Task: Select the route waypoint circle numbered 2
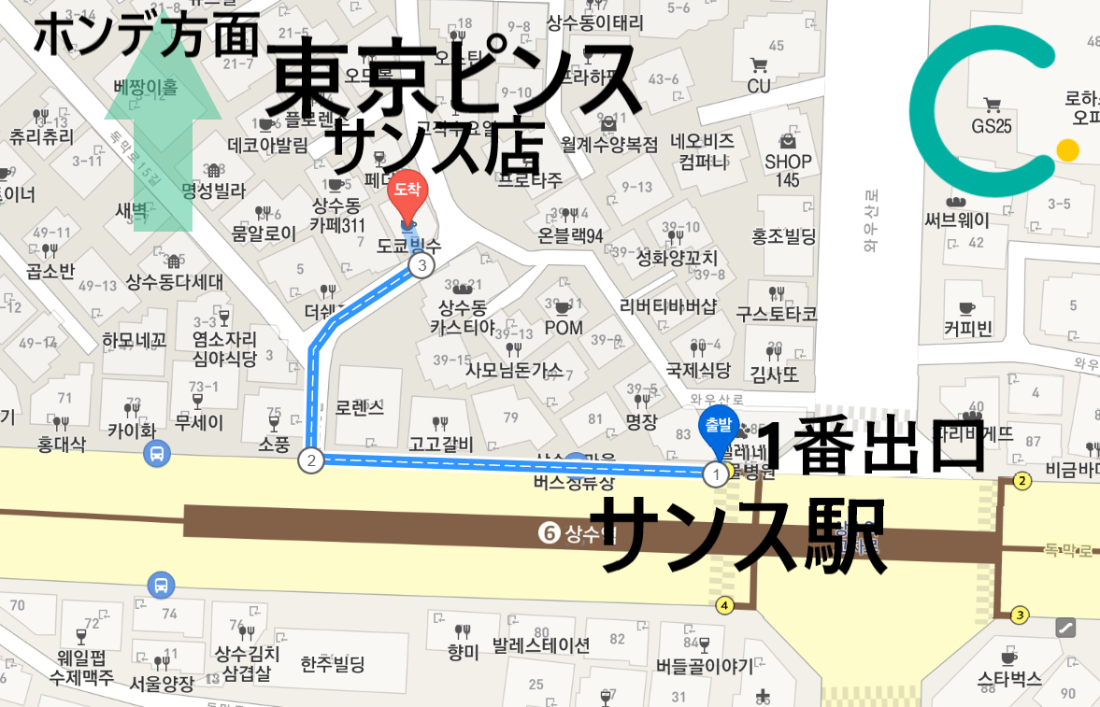point(310,460)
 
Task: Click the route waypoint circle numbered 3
point(422,266)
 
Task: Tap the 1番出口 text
point(871,446)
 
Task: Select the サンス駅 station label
point(743,534)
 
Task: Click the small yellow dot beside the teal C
point(1067,149)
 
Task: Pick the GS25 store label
point(992,126)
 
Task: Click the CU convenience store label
point(759,86)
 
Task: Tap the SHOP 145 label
point(788,170)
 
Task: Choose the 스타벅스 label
point(1008,679)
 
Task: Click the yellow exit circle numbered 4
point(724,605)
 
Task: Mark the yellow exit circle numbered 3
point(1020,615)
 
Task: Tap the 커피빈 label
point(967,328)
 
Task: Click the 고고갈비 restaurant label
point(440,444)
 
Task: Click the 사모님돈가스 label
point(514,371)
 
